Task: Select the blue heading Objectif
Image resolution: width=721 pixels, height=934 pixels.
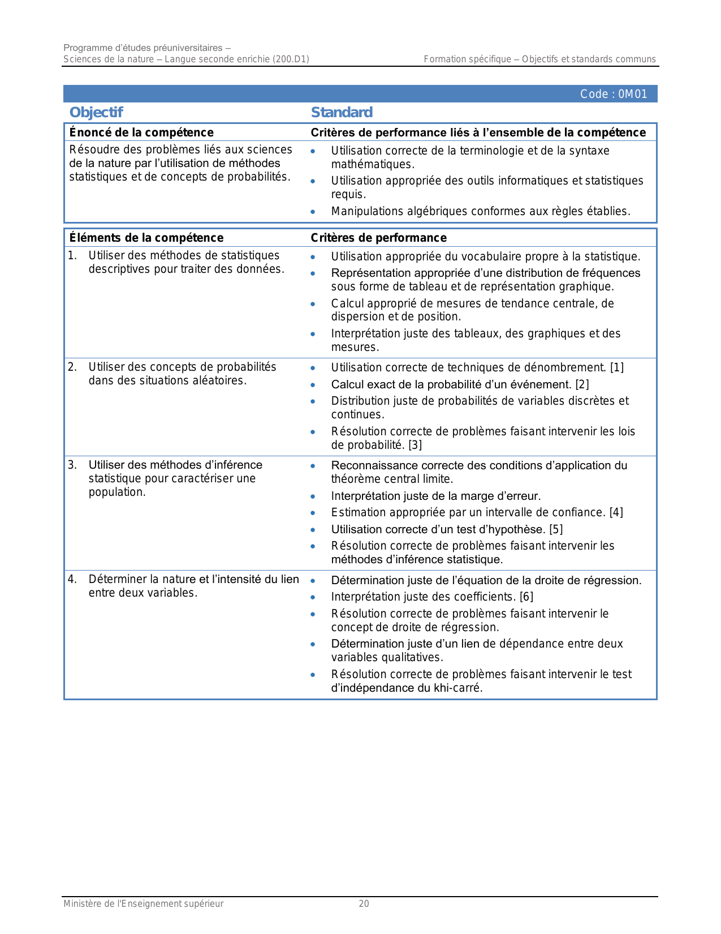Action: (96, 112)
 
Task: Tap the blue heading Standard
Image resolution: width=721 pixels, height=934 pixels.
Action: (342, 112)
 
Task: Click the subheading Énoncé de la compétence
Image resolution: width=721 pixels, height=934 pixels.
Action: (141, 132)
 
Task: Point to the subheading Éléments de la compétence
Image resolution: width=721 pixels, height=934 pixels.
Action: (146, 238)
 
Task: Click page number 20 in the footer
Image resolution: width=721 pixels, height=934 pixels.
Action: (364, 903)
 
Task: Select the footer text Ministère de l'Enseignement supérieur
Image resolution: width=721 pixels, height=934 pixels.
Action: (143, 903)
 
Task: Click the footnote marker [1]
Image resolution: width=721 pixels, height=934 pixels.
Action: (617, 367)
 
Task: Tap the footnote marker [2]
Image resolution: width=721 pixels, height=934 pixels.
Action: (582, 384)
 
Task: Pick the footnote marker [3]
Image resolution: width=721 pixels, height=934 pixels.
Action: (415, 445)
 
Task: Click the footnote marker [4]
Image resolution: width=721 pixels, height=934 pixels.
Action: (616, 512)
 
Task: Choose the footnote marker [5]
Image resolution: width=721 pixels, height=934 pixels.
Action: (556, 529)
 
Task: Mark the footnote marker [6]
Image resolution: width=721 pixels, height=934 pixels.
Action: (526, 597)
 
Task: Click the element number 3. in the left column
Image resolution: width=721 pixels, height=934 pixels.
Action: (72, 465)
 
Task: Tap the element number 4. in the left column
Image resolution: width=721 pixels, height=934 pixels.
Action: (72, 579)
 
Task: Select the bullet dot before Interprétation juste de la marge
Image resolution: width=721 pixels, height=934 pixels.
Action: (313, 496)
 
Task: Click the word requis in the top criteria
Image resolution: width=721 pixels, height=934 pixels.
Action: (348, 194)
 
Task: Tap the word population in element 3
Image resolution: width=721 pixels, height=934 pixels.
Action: (116, 492)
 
